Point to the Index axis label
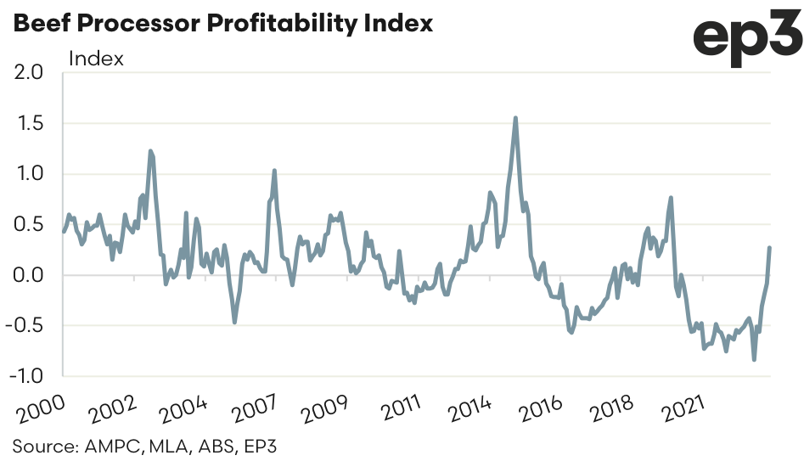coord(96,59)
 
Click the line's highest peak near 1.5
coord(515,118)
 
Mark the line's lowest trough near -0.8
coord(754,360)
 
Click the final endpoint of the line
coord(769,248)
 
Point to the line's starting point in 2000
coord(64,231)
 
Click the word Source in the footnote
coord(42,445)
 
